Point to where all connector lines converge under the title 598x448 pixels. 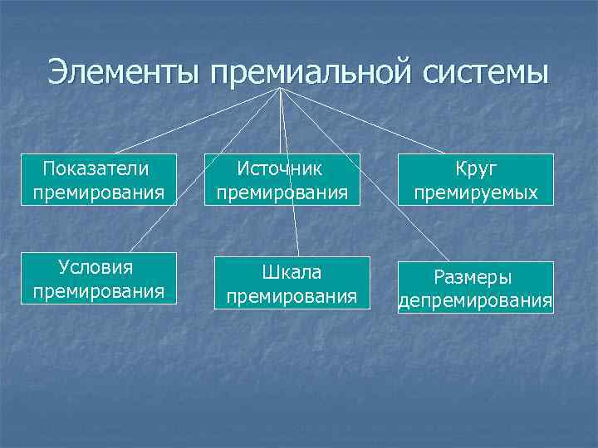(281, 88)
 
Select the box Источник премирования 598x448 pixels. (281, 181)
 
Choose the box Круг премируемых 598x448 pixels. (476, 181)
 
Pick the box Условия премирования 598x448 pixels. (98, 280)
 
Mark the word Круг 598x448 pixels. (476, 169)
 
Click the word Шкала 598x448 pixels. (291, 272)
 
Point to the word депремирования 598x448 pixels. (476, 299)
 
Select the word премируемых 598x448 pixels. (476, 193)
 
